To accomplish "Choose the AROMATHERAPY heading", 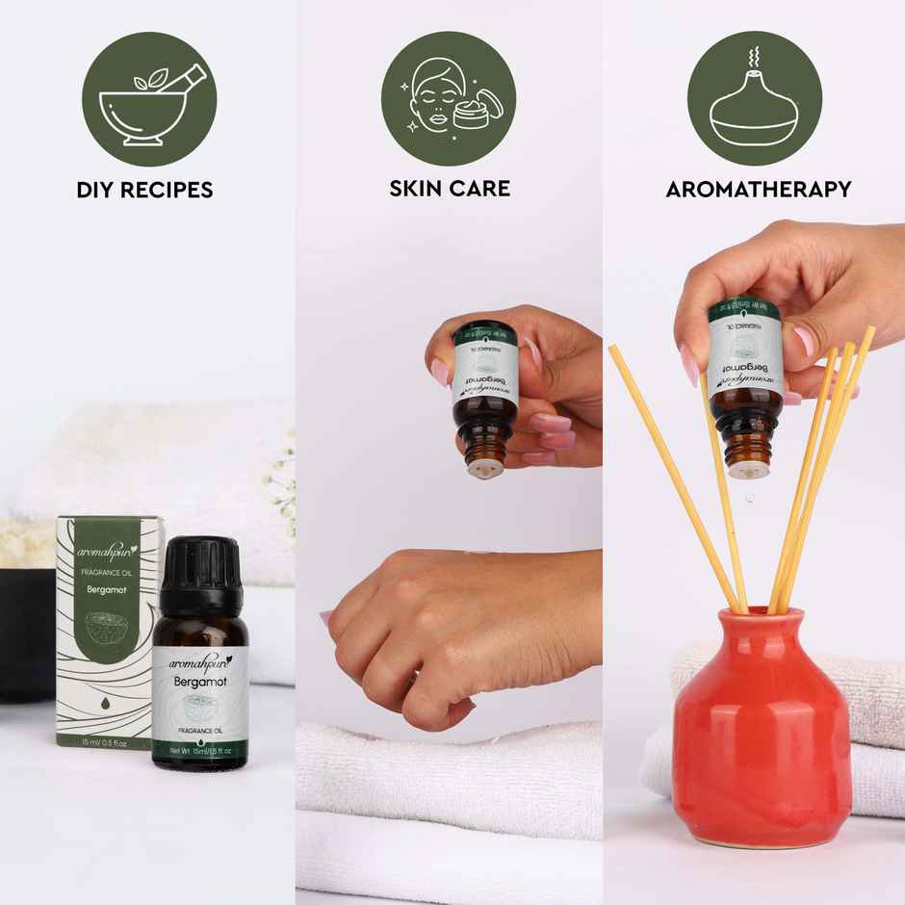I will [x=759, y=189].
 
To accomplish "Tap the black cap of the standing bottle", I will [x=198, y=575].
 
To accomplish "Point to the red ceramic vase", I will [x=762, y=722].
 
